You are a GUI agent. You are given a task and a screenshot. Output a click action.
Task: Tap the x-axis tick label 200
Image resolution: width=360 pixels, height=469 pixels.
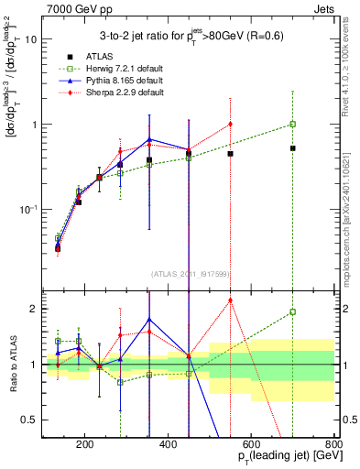click(85, 446)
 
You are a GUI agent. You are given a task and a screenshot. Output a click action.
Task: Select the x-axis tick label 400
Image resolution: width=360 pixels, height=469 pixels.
click(169, 446)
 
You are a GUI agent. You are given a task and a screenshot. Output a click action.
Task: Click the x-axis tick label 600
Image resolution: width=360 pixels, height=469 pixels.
click(251, 446)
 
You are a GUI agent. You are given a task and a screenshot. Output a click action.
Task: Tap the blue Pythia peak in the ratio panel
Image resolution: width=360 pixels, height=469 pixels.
click(148, 319)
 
